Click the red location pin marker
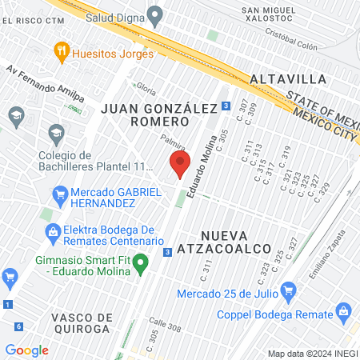tap(179, 166)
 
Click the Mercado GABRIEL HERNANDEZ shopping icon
tap(59, 193)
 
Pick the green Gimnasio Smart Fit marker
tap(142, 261)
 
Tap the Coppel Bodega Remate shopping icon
tap(343, 310)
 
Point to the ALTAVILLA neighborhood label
tap(288, 79)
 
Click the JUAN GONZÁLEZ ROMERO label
tap(145, 114)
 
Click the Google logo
tap(27, 350)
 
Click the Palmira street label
tap(174, 144)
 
